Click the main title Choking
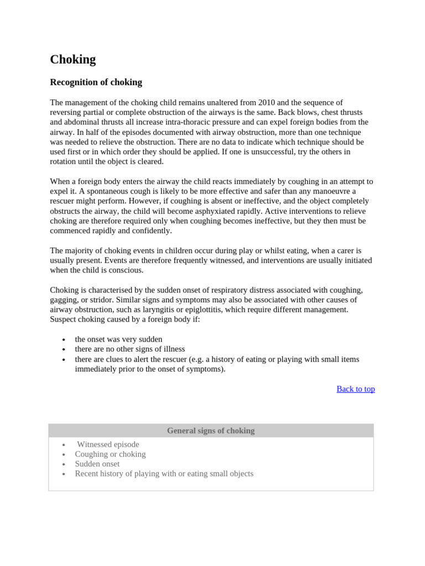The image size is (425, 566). tap(73, 60)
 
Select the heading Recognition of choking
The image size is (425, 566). tap(96, 82)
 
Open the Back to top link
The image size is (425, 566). tap(355, 389)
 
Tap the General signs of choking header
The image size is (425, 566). tap(211, 431)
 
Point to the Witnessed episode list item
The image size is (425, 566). tap(108, 444)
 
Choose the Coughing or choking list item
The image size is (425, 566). tap(110, 454)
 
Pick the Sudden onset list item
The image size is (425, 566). tap(97, 464)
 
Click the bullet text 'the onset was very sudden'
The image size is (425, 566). tap(118, 339)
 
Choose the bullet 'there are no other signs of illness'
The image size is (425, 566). tap(129, 349)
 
